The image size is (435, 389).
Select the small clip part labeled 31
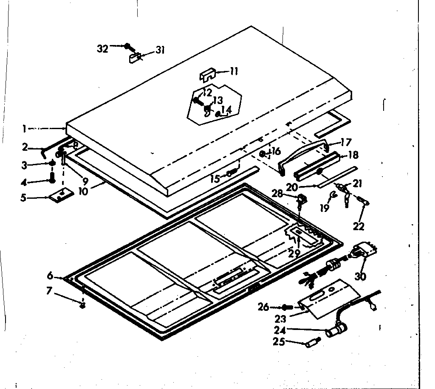coord(135,57)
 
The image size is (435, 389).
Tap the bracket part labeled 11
coord(208,75)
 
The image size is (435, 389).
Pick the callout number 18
coord(353,155)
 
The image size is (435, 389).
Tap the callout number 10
coord(83,192)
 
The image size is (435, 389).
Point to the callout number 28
coord(277,194)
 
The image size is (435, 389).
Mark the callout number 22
coord(359,226)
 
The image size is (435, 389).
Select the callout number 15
coord(215,178)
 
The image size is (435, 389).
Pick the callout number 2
coord(25,147)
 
